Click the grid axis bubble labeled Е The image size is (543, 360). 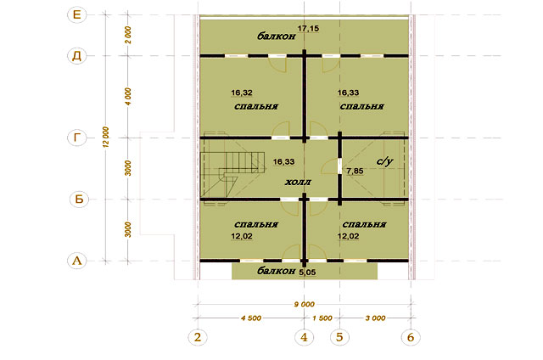click(x=76, y=14)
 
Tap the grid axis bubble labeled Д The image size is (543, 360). click(x=76, y=56)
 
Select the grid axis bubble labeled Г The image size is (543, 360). click(x=76, y=138)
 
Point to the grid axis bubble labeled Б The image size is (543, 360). click(x=79, y=200)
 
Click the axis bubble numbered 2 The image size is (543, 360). click(x=198, y=337)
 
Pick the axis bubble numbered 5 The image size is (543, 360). click(x=339, y=337)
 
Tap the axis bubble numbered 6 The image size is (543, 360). click(x=411, y=337)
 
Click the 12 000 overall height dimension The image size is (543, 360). click(x=106, y=138)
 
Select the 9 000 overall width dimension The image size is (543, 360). click(x=305, y=304)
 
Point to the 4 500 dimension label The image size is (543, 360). click(x=251, y=318)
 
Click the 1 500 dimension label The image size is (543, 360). click(x=322, y=318)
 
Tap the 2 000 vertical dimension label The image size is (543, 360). click(x=128, y=35)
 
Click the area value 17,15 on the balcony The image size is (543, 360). click(x=308, y=28)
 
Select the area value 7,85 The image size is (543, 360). click(x=355, y=171)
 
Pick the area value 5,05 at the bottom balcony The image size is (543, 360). click(x=307, y=273)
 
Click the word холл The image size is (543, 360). click(x=298, y=182)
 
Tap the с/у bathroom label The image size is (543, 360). click(x=384, y=161)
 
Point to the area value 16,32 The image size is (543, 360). click(x=242, y=93)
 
